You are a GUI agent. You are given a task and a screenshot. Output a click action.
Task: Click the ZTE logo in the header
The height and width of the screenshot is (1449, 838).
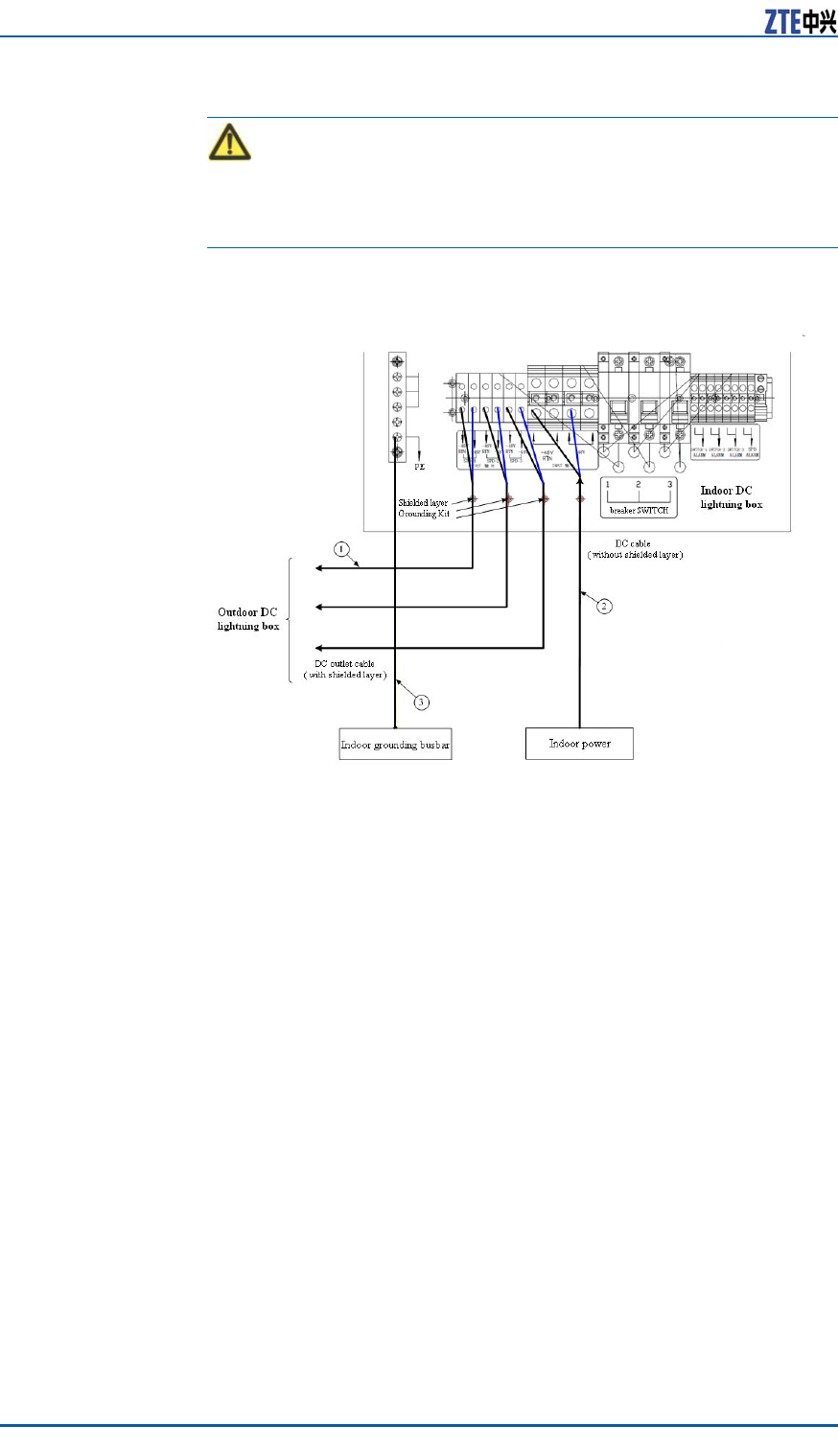point(800,21)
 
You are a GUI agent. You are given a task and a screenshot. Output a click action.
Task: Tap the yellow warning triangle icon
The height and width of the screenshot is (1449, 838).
point(229,143)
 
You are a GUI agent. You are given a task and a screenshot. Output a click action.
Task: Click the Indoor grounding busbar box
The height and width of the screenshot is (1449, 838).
point(395,745)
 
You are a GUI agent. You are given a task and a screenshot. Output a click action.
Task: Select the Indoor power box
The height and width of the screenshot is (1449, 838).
point(579,744)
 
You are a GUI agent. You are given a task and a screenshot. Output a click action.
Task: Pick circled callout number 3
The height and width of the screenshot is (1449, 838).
point(421,701)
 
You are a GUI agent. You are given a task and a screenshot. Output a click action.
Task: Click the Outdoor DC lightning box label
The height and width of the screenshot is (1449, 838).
point(248,619)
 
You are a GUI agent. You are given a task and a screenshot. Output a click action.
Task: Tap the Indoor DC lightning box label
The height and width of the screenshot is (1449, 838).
point(731,497)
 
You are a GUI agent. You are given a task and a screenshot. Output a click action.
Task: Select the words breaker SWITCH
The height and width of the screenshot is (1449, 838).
point(639,511)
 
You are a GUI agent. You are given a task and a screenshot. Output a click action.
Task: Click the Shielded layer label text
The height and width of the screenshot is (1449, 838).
point(423,503)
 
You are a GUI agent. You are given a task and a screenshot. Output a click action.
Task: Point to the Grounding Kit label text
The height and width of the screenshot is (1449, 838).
point(424,515)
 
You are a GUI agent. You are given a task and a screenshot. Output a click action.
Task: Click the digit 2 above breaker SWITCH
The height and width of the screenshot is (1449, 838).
point(639,486)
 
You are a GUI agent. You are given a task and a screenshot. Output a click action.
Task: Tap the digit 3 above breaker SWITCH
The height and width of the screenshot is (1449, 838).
point(669,486)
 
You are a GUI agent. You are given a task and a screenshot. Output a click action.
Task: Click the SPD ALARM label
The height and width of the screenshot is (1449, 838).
point(752,452)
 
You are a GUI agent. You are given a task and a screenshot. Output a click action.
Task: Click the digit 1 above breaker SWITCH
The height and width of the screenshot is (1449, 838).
point(607,486)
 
